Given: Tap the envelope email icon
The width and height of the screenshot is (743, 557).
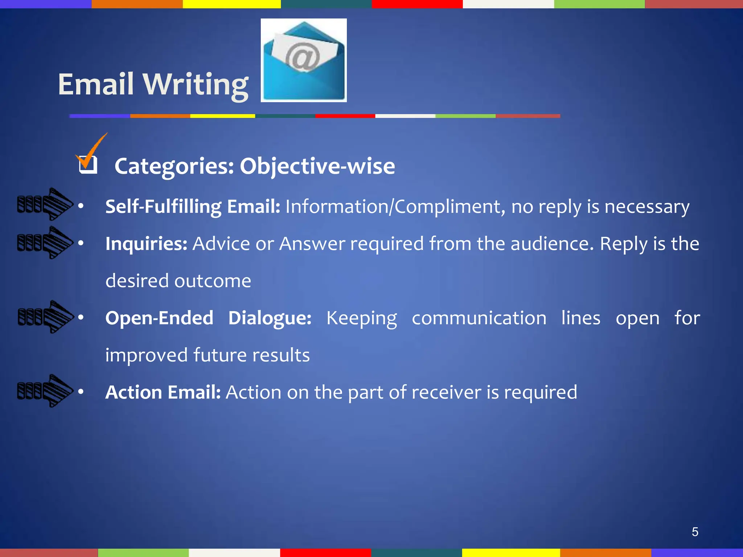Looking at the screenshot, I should (x=304, y=61).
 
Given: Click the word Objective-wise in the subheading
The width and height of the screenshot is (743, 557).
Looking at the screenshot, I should (x=317, y=166).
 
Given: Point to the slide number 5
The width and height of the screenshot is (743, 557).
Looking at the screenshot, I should (x=695, y=532).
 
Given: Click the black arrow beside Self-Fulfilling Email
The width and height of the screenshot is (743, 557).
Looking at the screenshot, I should (x=45, y=204).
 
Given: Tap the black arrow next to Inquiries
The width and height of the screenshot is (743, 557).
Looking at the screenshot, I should (x=45, y=243).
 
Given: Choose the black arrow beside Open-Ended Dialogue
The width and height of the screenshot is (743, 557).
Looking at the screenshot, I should (x=46, y=317).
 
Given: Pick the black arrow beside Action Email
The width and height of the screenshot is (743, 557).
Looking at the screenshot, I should (x=45, y=391).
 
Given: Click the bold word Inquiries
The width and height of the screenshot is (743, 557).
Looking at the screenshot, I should (x=146, y=244).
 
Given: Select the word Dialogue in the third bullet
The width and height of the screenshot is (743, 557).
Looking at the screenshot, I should (x=270, y=318).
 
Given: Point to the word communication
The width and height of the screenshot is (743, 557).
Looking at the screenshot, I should (x=479, y=318).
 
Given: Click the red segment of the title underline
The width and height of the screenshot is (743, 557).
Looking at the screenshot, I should (x=345, y=116).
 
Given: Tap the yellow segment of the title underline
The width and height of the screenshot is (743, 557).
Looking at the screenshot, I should (x=222, y=116).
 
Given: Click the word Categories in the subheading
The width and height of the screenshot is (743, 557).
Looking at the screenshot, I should (x=174, y=166).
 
